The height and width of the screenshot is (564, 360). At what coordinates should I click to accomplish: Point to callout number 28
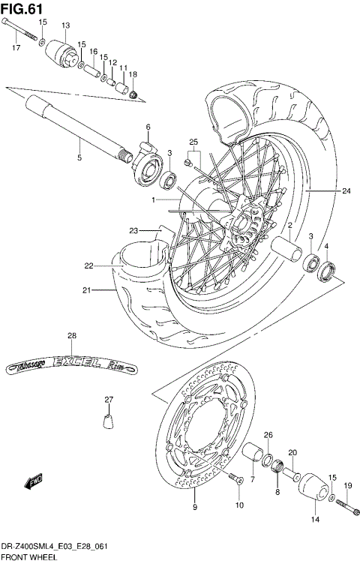point(72,335)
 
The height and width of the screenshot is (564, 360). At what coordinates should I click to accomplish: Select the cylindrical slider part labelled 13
point(62,53)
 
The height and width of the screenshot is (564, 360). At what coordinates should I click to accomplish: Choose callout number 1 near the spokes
point(153,200)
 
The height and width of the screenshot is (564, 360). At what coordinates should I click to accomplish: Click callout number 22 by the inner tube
point(88,265)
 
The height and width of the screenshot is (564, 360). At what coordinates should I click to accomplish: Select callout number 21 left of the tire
point(87,291)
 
